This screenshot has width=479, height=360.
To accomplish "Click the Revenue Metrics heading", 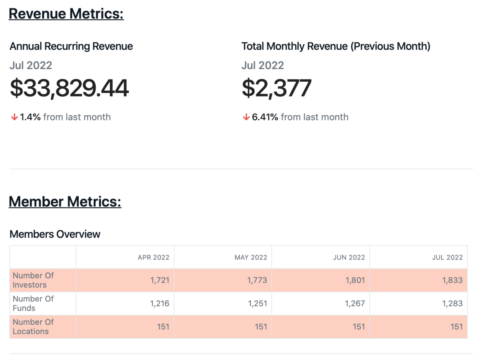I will (x=66, y=14).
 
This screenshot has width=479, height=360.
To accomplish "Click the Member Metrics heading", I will (x=65, y=201).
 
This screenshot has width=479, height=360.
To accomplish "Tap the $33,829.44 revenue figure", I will (x=69, y=88).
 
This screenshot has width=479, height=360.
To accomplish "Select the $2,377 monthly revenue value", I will (x=277, y=88).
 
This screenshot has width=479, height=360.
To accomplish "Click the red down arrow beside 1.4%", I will (x=14, y=117).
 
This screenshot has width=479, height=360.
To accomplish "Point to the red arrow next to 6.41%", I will (x=246, y=117).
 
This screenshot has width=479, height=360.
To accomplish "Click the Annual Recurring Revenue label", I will (x=71, y=46).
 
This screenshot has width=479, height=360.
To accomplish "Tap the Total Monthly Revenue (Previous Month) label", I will (x=336, y=46).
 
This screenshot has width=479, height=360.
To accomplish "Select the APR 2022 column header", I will (x=153, y=257).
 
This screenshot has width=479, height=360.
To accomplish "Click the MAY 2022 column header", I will (x=251, y=257).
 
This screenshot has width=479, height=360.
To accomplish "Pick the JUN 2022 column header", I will (x=349, y=257).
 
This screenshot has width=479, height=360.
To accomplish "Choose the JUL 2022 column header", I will (x=447, y=257).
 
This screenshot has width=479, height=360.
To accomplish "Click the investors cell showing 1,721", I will (x=160, y=280).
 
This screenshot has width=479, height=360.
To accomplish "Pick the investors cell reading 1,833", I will (x=452, y=280).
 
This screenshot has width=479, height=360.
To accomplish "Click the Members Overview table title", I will (x=55, y=234).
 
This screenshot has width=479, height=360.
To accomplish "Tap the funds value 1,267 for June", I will (x=355, y=303).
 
